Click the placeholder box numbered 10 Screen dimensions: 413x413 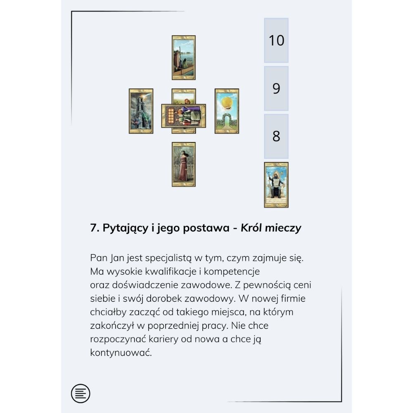click(x=276, y=40)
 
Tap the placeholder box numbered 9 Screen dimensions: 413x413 click(x=276, y=88)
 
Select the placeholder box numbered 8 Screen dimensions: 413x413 click(x=276, y=136)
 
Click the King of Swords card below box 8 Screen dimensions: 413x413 click(x=276, y=185)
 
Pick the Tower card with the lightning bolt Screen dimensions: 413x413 click(x=141, y=111)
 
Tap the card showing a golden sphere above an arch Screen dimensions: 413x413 click(x=227, y=111)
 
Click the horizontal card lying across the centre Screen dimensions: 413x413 click(x=184, y=116)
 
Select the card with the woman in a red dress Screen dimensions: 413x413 click(x=184, y=164)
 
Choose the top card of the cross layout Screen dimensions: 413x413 click(x=184, y=58)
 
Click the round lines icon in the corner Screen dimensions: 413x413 click(x=81, y=393)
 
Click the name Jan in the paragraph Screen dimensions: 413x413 click(x=117, y=258)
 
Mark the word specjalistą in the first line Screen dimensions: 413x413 click(x=168, y=258)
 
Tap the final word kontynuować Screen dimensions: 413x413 click(x=121, y=352)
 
